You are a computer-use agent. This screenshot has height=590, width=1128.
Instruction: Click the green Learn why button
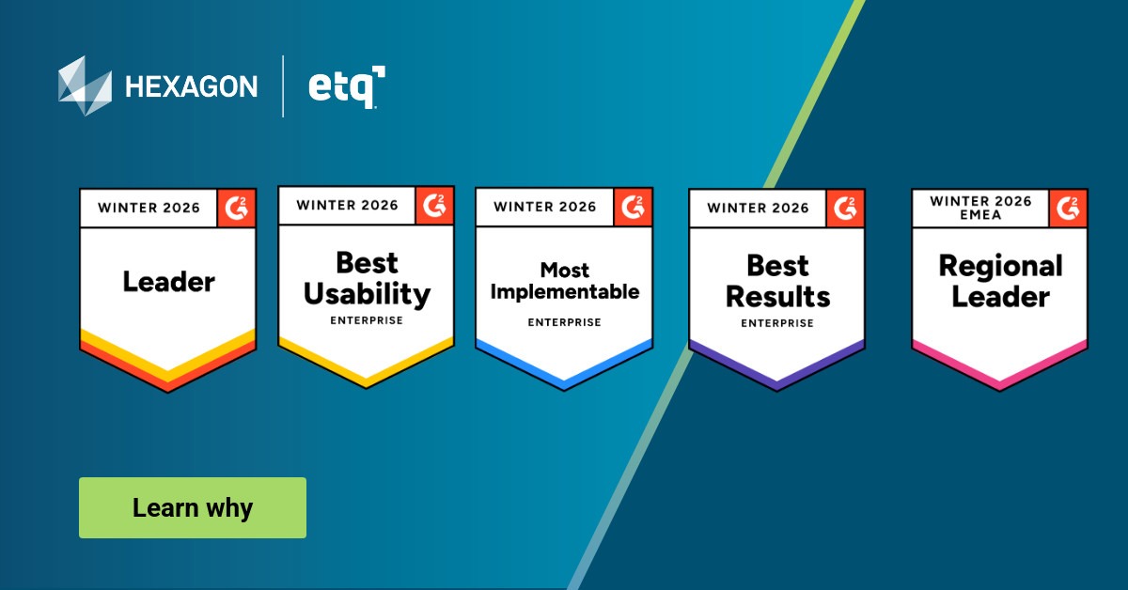click(192, 508)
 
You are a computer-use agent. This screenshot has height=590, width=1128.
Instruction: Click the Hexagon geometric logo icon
click(85, 85)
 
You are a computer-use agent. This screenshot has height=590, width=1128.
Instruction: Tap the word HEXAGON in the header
click(191, 87)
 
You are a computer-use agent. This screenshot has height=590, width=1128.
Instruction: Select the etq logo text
click(345, 87)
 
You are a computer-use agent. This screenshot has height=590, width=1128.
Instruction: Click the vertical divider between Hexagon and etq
click(283, 85)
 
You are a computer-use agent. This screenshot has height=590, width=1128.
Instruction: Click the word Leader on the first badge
click(169, 281)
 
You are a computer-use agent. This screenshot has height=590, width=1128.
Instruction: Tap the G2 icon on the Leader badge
click(237, 208)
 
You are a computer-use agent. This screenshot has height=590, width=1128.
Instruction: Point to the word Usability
click(367, 294)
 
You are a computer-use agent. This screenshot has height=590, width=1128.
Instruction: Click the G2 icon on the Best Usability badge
click(435, 205)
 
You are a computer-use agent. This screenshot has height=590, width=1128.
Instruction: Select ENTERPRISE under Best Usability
click(367, 320)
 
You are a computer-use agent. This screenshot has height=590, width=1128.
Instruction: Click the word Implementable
click(564, 292)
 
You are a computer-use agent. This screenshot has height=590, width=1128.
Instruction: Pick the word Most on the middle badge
click(564, 271)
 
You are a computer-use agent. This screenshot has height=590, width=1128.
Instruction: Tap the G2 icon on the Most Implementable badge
click(633, 207)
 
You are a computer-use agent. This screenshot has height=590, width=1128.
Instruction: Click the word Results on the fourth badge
click(777, 297)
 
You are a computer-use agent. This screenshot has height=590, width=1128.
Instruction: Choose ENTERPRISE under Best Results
click(777, 323)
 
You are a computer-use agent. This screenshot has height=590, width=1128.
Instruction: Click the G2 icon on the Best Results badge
click(846, 208)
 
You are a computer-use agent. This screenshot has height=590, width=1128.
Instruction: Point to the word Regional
click(1000, 266)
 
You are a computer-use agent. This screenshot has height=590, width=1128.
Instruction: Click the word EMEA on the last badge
click(979, 214)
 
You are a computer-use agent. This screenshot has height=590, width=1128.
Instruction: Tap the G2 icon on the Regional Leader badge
click(1069, 208)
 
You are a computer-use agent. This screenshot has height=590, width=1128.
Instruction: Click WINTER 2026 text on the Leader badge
click(149, 208)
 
